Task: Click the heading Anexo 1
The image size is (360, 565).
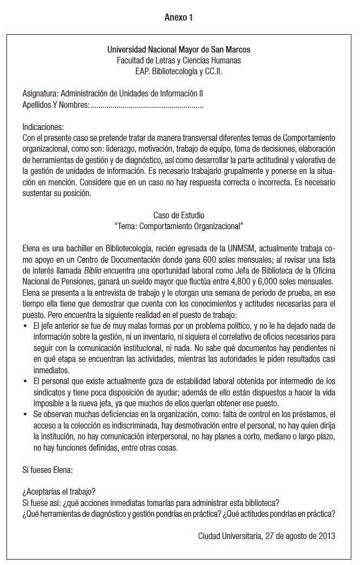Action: point(179,18)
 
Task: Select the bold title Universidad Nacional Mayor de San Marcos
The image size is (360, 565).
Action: point(179,50)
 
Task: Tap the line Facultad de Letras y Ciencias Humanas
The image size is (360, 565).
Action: point(179,61)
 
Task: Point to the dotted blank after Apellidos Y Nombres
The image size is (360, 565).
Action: point(147,105)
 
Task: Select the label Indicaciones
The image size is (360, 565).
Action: point(43,127)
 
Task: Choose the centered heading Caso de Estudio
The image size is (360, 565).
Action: point(179,216)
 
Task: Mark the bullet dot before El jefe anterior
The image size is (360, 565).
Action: point(26,326)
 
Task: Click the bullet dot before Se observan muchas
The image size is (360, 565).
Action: point(26,414)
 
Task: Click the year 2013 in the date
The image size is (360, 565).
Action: point(326,536)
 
